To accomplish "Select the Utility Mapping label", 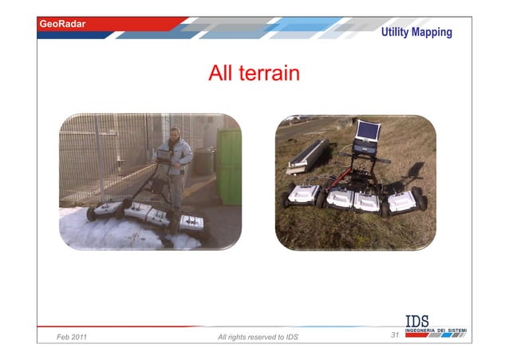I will tap(416, 32).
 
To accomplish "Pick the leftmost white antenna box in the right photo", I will tap(303, 195).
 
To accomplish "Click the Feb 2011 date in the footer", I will tap(72, 338).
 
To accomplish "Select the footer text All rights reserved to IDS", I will tap(258, 338).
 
